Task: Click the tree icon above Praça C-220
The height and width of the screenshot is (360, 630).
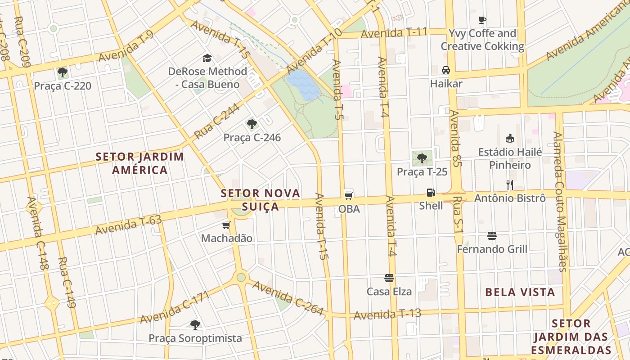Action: (63, 72)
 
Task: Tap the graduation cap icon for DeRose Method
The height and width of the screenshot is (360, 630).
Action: (207, 58)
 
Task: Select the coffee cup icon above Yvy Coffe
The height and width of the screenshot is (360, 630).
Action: (482, 20)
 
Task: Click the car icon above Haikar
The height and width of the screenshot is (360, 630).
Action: (446, 70)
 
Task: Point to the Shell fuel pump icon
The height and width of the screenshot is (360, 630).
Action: (431, 193)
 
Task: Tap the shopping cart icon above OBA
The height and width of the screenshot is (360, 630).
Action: (348, 195)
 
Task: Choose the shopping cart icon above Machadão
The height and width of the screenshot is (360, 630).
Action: (226, 225)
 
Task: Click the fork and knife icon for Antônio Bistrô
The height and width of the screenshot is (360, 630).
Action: (509, 184)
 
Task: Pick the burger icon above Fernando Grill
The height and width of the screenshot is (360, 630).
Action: (491, 236)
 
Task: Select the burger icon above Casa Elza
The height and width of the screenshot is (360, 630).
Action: (389, 278)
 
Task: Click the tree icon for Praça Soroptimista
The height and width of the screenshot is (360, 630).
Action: (195, 324)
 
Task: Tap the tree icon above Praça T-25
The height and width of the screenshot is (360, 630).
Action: (422, 158)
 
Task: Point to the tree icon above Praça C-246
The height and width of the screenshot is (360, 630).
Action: (252, 124)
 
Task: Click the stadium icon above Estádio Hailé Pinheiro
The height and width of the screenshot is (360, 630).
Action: (509, 138)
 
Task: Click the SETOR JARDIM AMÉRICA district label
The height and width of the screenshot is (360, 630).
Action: (140, 163)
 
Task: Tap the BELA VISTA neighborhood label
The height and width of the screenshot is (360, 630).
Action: (520, 292)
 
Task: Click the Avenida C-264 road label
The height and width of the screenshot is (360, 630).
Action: (288, 297)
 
